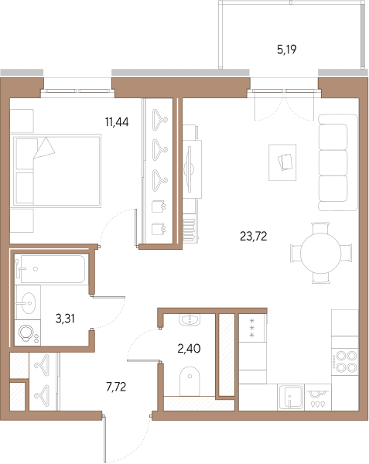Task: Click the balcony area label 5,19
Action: [x=287, y=49]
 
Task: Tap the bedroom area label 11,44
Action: [x=117, y=121]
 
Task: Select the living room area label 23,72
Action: [x=253, y=236]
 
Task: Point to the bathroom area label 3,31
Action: [x=65, y=319]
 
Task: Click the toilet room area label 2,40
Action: [x=189, y=349]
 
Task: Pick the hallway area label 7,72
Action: [x=116, y=387]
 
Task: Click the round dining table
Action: [x=321, y=254]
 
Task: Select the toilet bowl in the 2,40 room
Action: [x=190, y=381]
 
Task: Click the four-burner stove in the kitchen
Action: [x=345, y=362]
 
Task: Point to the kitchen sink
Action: [x=290, y=397]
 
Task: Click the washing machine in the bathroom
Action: [x=28, y=333]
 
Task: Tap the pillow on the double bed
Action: [x=44, y=148]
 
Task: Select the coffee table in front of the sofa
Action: [x=282, y=162]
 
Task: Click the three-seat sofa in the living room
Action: [x=338, y=162]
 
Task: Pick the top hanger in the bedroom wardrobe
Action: [x=159, y=120]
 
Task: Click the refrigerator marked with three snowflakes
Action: [x=252, y=328]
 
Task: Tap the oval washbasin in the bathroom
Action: [x=29, y=303]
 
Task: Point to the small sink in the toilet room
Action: [x=190, y=319]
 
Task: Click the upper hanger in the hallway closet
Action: [x=43, y=365]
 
